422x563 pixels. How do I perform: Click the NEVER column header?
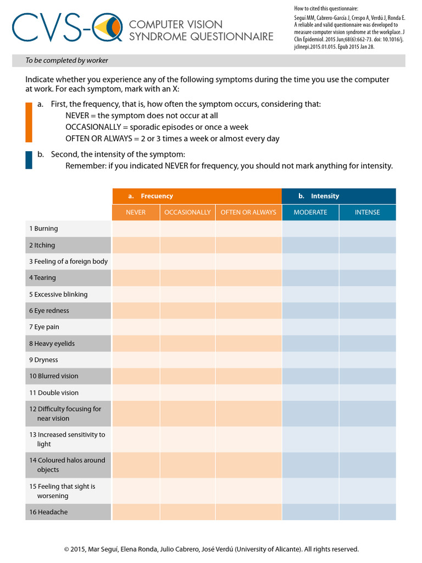click(x=136, y=212)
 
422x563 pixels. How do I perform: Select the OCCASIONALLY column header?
click(x=187, y=212)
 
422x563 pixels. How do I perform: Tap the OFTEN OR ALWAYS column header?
click(x=248, y=212)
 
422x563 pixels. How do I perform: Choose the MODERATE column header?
click(x=310, y=212)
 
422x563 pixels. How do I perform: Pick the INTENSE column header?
click(x=367, y=212)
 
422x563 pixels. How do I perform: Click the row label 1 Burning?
click(x=43, y=229)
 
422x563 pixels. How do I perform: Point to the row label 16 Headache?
click(x=49, y=512)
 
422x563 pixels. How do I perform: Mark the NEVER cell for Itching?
click(x=136, y=245)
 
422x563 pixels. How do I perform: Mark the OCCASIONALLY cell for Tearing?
click(x=187, y=278)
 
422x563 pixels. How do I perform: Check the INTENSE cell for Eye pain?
click(x=367, y=327)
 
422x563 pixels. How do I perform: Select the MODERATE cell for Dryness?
click(x=310, y=360)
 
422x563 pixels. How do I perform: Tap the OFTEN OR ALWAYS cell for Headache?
click(x=248, y=512)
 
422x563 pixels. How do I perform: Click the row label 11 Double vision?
click(x=54, y=393)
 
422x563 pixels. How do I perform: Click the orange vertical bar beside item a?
click(x=29, y=122)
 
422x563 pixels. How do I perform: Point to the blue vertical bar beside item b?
click(x=29, y=159)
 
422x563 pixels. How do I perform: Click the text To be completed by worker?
click(x=67, y=60)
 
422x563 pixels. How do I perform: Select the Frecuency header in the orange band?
click(x=157, y=196)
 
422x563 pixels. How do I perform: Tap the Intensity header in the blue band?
click(x=325, y=196)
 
